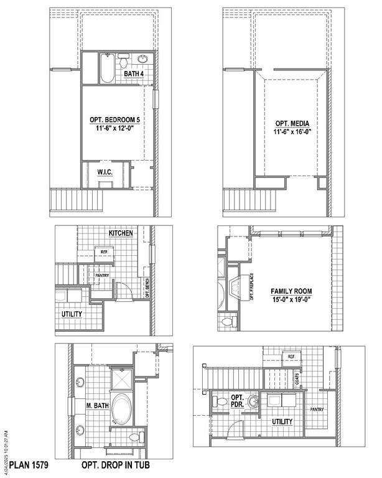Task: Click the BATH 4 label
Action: tap(133, 74)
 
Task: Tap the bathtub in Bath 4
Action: tap(106, 68)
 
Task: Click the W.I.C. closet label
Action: tap(104, 172)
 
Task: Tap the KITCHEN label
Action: tap(121, 233)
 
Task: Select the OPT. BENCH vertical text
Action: tap(147, 288)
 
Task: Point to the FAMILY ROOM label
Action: tap(291, 291)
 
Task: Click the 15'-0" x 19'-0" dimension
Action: tap(291, 299)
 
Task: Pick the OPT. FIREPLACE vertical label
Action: tap(251, 287)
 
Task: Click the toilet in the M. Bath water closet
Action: tap(133, 437)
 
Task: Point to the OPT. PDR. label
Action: tap(238, 401)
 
